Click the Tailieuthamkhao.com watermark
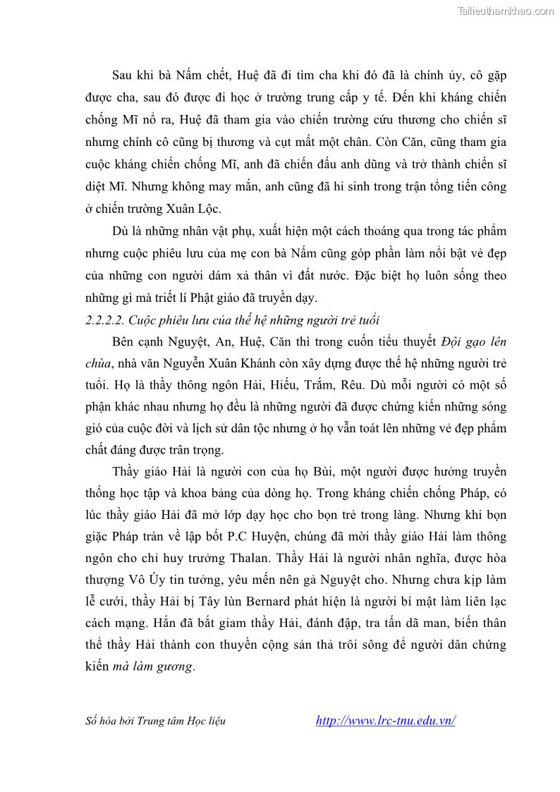coord(505,11)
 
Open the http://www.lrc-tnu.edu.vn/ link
coord(385,721)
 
